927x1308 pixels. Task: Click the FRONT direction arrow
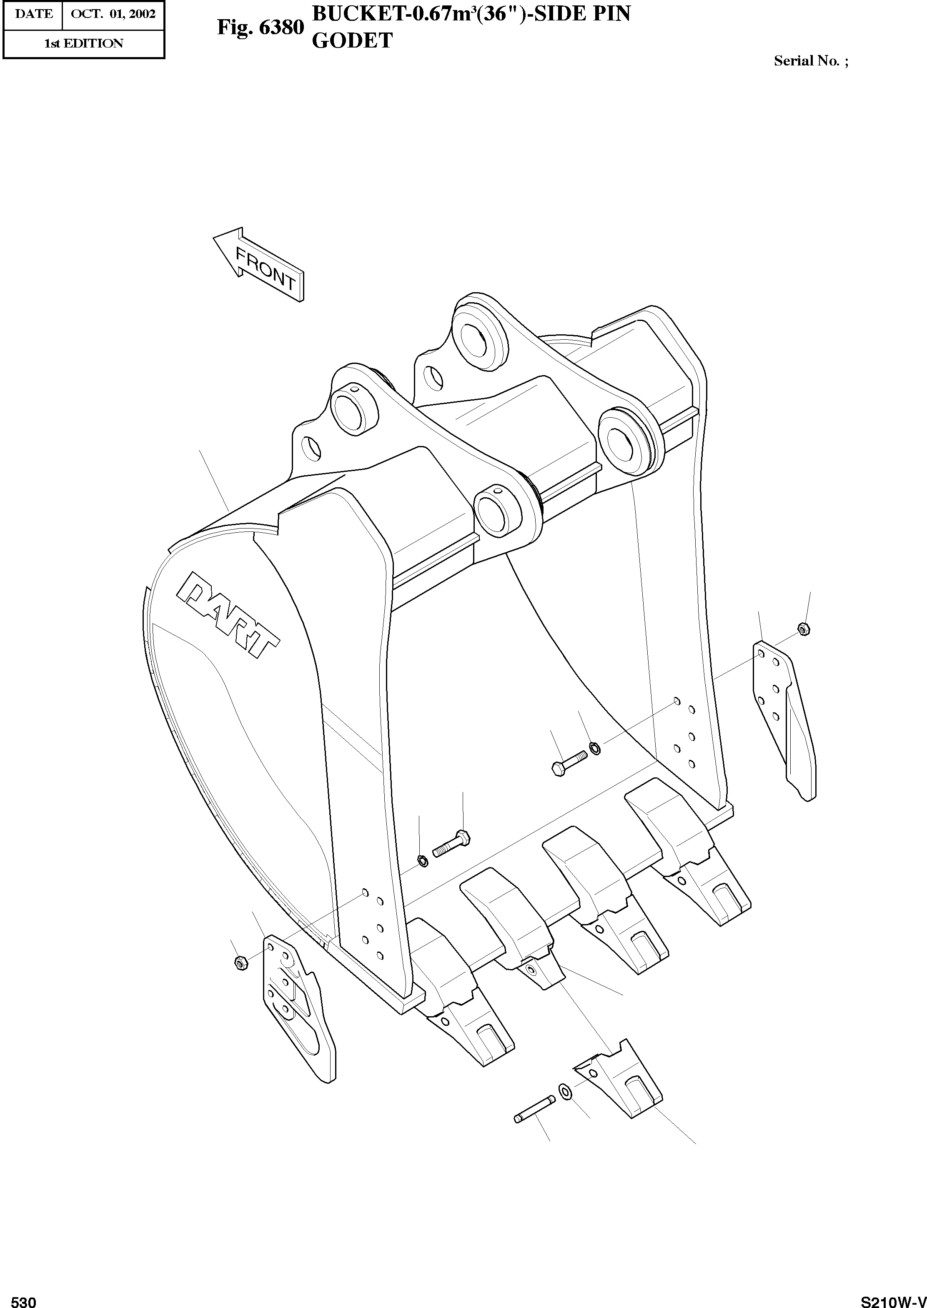(260, 264)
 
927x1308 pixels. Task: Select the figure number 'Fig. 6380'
(260, 28)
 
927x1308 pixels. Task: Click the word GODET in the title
(352, 40)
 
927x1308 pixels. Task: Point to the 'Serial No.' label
(811, 61)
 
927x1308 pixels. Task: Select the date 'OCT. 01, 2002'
(113, 14)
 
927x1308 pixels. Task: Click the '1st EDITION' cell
(83, 43)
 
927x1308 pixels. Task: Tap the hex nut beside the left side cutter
(241, 963)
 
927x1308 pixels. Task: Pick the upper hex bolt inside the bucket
(569, 761)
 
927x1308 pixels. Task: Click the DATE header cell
(33, 14)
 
